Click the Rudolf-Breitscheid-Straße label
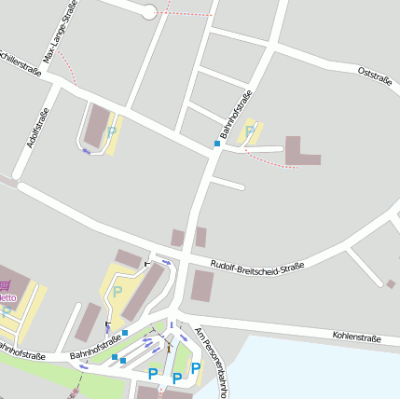click(x=257, y=267)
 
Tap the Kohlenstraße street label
click(x=356, y=337)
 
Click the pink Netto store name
click(x=7, y=298)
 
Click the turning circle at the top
click(x=148, y=11)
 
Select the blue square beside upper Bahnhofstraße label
click(x=217, y=144)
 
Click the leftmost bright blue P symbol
click(x=153, y=374)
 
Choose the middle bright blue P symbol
click(x=176, y=378)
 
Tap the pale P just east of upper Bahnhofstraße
click(x=249, y=131)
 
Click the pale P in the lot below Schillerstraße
click(x=112, y=132)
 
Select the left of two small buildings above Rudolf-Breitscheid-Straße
click(x=177, y=238)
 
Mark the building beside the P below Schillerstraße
click(x=96, y=125)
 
